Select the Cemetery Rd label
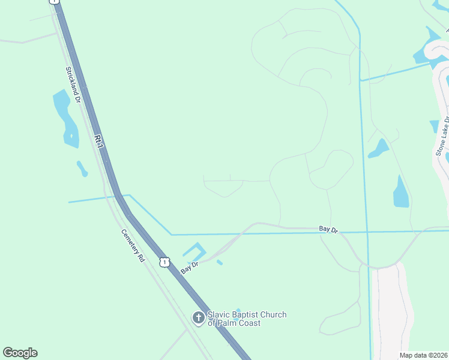[x=133, y=245]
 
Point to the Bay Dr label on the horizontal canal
[x=328, y=229]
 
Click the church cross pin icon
[x=199, y=318]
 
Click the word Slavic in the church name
[x=219, y=314]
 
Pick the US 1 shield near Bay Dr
[x=164, y=262]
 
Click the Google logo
[x=20, y=353]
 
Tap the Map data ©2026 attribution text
[x=423, y=355]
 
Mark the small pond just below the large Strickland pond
[x=82, y=169]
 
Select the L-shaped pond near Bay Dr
[x=195, y=251]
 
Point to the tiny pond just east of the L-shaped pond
[x=220, y=262]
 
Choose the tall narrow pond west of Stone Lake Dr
[x=401, y=192]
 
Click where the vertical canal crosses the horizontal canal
[x=366, y=232]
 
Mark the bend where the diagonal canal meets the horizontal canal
[x=171, y=234]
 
